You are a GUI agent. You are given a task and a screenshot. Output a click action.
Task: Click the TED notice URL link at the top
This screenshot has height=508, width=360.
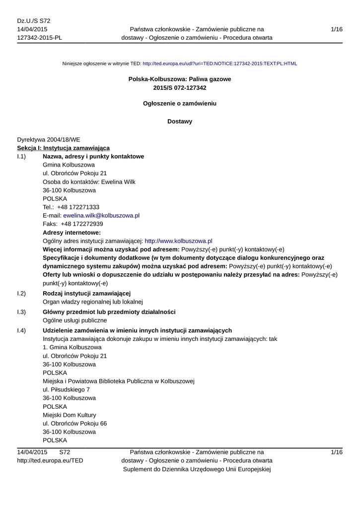pos(219,64)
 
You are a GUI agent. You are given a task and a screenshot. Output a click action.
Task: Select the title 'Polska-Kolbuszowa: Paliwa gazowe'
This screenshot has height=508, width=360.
pos(180,79)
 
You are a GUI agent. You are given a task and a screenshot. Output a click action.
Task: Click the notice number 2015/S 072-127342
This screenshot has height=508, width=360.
pos(180,88)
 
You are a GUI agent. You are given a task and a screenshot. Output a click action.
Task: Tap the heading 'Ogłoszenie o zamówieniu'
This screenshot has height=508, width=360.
pos(180,104)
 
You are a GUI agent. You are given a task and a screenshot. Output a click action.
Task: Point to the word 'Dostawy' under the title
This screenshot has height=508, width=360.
pos(180,122)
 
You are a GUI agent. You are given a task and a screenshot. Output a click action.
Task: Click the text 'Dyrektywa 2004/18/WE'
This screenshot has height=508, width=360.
pos(49,139)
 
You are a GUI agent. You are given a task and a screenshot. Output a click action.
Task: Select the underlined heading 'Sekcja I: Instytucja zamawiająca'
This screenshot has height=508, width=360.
pos(64,148)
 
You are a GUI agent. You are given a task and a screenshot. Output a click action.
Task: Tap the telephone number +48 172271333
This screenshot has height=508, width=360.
pos(78,207)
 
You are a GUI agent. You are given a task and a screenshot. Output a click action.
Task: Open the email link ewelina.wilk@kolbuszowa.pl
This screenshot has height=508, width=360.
pos(101,215)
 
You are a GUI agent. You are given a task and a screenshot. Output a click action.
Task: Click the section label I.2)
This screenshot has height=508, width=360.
pos(21,294)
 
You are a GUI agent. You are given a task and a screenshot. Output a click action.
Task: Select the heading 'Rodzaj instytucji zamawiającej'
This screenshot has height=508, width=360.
pos(87,294)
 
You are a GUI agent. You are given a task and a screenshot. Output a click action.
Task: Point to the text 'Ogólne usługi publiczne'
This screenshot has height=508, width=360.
pos(75,320)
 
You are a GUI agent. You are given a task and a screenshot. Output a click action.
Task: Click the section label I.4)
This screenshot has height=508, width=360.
pos(21,330)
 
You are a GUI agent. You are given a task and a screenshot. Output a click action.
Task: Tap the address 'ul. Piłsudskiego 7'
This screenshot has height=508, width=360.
pos(67,389)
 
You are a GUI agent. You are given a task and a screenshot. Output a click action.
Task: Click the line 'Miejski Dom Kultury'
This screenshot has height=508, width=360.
pos(70,415)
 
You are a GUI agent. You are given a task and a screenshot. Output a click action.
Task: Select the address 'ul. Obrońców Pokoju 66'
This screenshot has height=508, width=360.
pos(75,423)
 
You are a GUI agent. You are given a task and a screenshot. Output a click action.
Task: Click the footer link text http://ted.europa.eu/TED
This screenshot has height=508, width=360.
pos(50,461)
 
